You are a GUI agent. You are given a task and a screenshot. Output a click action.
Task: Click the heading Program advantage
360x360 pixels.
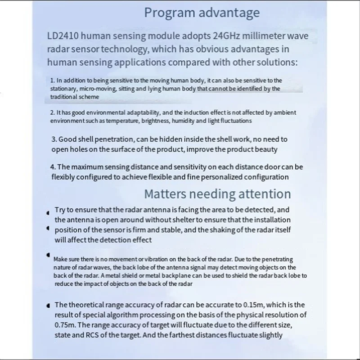tap(202, 12)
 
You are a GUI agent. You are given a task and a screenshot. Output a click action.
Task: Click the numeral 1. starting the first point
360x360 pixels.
tap(53, 80)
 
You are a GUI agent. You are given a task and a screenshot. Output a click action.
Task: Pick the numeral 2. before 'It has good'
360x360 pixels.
tap(52, 112)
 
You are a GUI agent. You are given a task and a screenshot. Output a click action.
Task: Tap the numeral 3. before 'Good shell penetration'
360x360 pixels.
tap(54, 140)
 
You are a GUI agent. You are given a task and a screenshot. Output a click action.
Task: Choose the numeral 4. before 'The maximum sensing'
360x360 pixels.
tap(53, 167)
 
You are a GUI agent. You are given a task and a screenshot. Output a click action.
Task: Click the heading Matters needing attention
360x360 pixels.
tap(217, 194)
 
